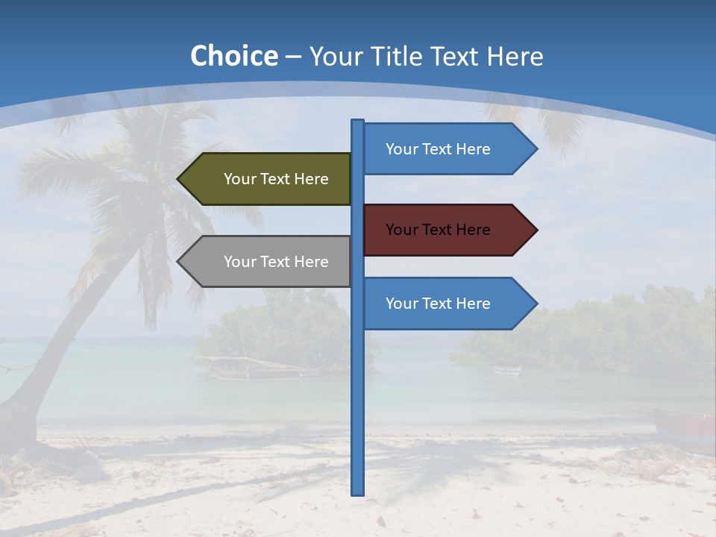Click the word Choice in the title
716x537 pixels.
pos(233,56)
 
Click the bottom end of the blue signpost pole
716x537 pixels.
pos(358,492)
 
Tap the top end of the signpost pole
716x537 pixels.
pos(358,122)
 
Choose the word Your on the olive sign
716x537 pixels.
pos(240,179)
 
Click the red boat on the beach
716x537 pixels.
pos(686,429)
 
